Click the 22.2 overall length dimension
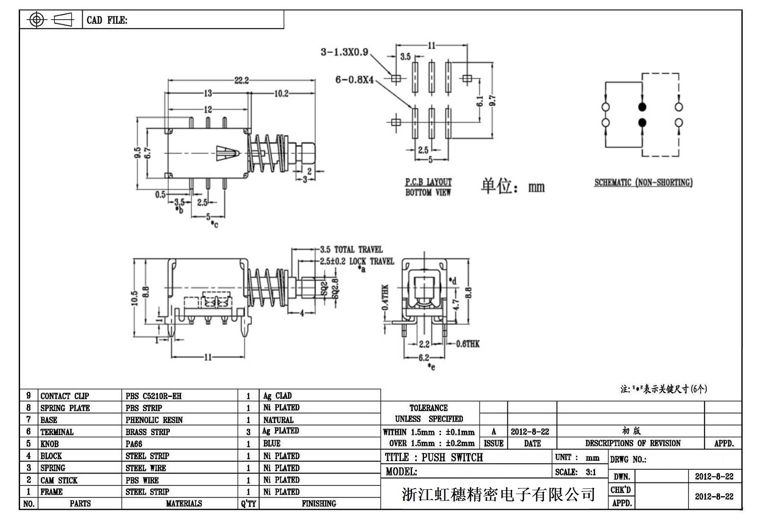[x=241, y=80]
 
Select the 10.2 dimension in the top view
[x=281, y=94]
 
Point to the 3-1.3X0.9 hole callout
[x=344, y=52]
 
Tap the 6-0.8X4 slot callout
[x=354, y=80]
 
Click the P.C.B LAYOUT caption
[x=428, y=182]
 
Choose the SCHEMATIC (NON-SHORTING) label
[x=643, y=183]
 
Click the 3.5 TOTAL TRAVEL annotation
[x=351, y=250]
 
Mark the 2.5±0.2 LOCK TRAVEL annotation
[x=357, y=261]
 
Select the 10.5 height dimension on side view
[x=135, y=298]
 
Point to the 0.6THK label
[x=468, y=343]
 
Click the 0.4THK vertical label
[x=385, y=297]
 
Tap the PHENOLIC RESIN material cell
[x=154, y=420]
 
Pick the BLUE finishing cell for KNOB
[x=272, y=444]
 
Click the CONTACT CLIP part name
[x=65, y=396]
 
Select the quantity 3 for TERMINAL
[x=248, y=432]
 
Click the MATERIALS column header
[x=184, y=503]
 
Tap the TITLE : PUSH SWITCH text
[x=434, y=457]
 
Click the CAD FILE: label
[x=107, y=20]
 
